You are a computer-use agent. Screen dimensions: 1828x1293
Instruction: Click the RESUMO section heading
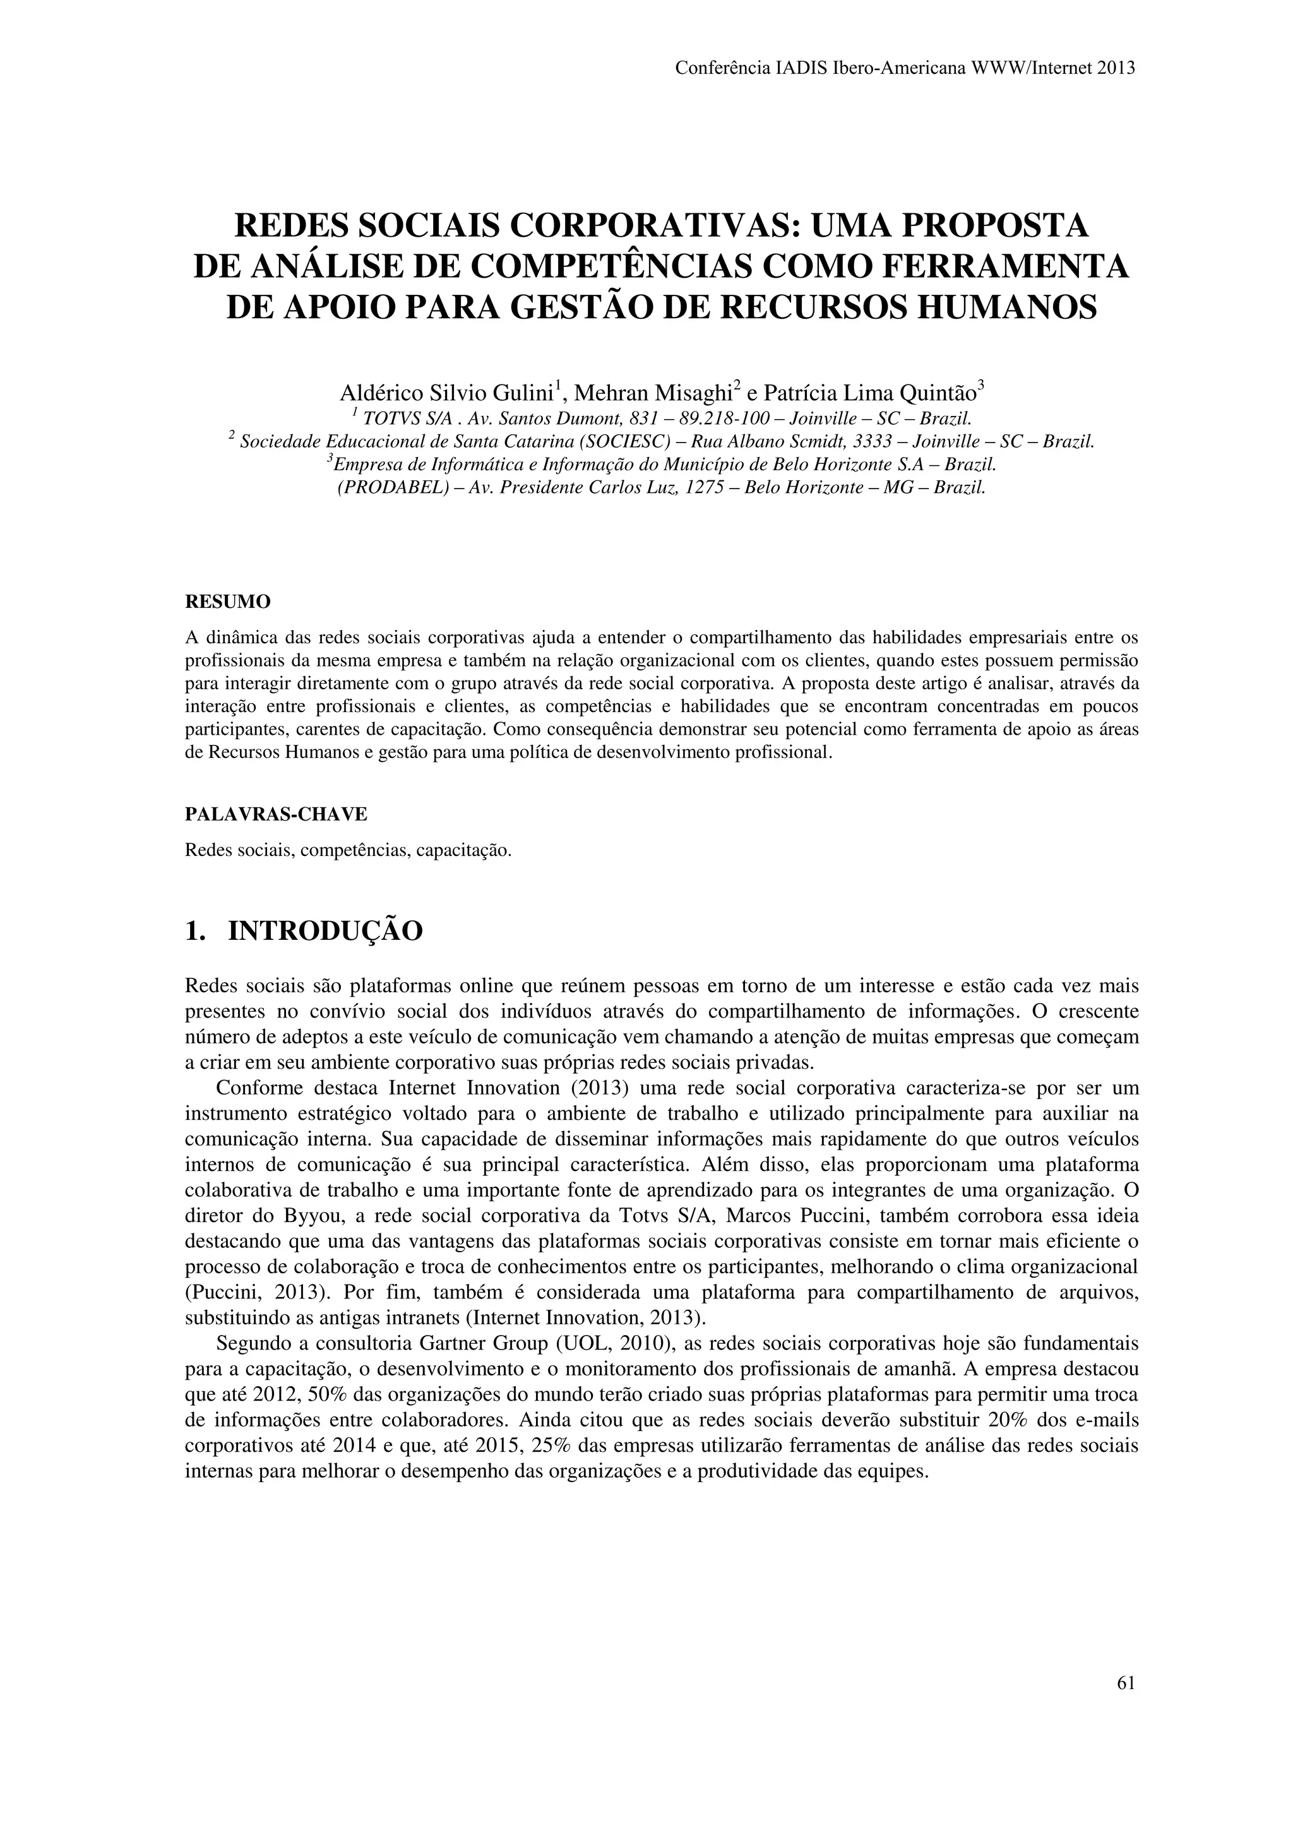[x=228, y=603]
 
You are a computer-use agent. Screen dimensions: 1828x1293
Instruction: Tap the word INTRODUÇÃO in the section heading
[x=325, y=930]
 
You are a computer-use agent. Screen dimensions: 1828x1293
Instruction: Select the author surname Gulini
[x=520, y=393]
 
